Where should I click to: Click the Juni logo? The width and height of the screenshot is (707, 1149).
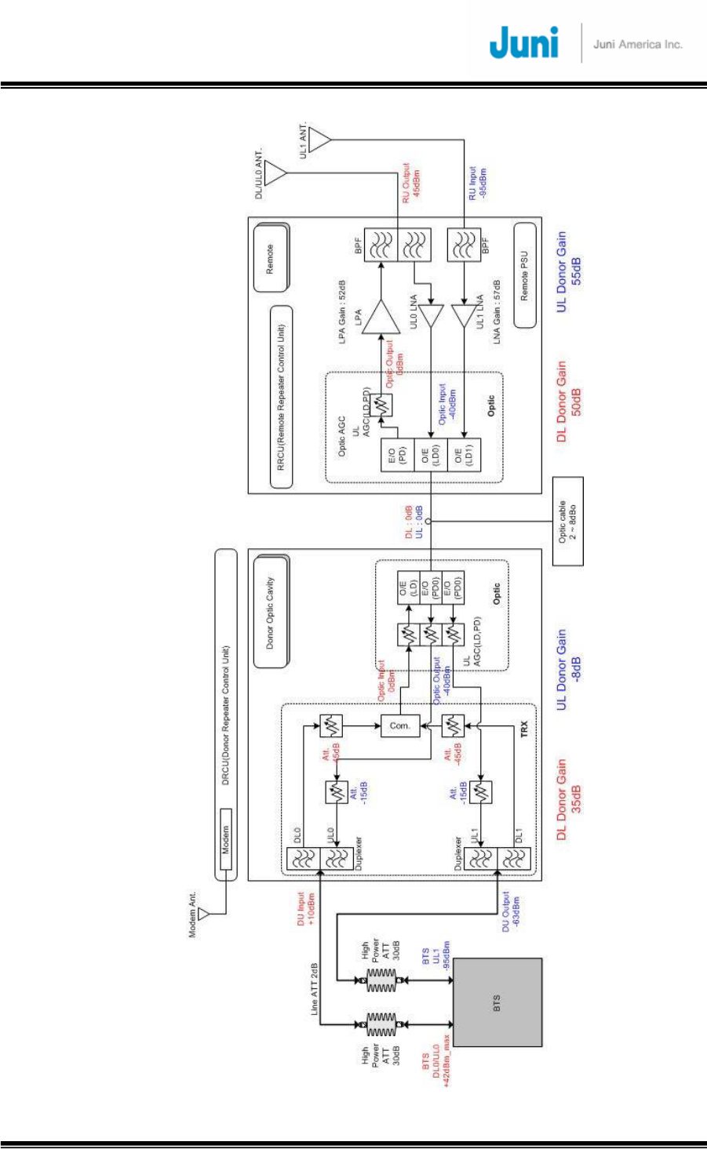point(523,43)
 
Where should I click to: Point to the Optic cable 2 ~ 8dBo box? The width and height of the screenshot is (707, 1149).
point(568,522)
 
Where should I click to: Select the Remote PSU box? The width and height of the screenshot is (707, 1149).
point(526,275)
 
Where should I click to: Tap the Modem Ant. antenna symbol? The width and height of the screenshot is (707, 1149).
point(203,913)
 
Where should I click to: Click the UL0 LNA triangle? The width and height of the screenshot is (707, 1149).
point(431,316)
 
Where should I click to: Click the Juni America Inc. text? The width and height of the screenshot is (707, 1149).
point(638,45)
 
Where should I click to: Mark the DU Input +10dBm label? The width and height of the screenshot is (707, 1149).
point(306,908)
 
